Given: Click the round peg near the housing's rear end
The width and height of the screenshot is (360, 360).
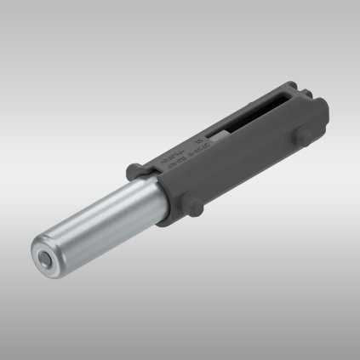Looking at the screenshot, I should click(x=303, y=140).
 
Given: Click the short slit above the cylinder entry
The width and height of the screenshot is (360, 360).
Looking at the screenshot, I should click(x=151, y=174).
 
